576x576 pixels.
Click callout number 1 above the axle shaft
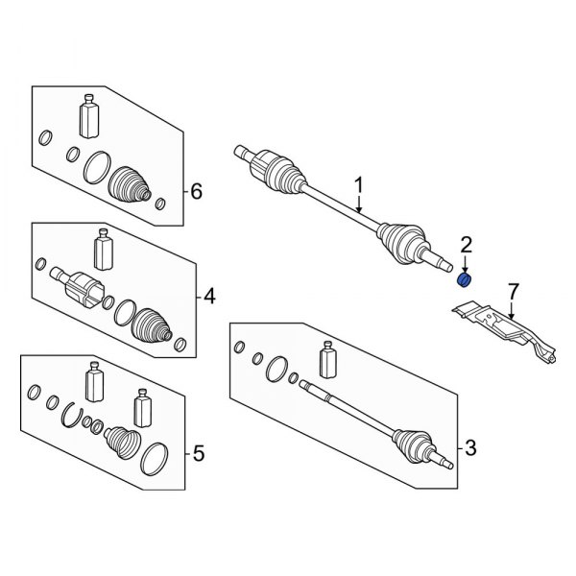pos(359,184)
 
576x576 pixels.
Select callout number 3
pos(469,446)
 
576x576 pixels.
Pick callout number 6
pos(196,192)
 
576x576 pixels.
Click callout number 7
pos(513,289)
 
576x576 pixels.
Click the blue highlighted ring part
pos(462,279)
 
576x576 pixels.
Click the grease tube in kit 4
pos(102,252)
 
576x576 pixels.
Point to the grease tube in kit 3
pos(327,361)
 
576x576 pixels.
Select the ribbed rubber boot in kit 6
pos(130,185)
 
